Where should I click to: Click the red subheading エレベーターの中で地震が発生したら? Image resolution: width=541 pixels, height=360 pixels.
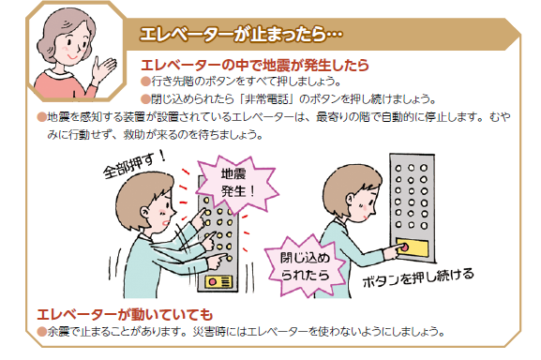(x=253, y=66)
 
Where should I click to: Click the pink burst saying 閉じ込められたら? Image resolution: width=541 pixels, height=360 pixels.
(x=303, y=264)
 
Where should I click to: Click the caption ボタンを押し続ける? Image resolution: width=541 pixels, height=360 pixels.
(x=418, y=278)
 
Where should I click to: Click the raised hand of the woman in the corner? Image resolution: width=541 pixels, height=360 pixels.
(x=102, y=68)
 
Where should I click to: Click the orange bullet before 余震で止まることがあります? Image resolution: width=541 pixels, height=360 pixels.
(x=40, y=331)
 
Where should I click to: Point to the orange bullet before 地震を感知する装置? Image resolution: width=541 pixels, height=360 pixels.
(x=40, y=116)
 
